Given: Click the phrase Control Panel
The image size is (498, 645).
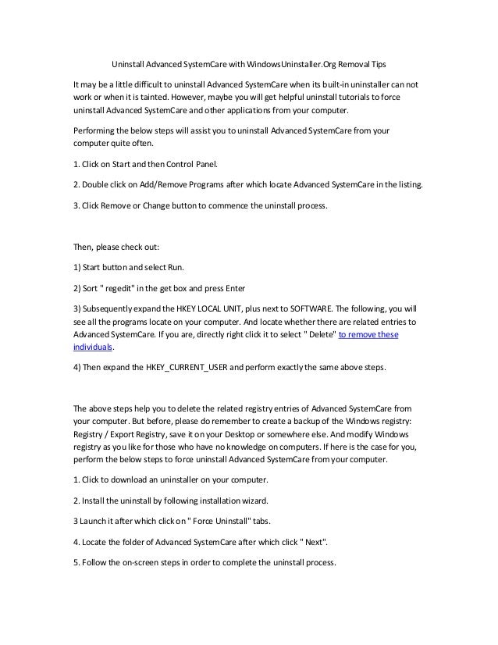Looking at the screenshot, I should click(193, 165).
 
